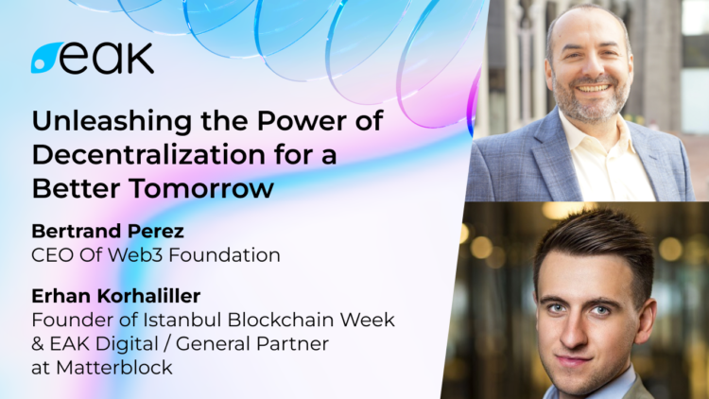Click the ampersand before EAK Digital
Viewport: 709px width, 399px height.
click(x=39, y=344)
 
